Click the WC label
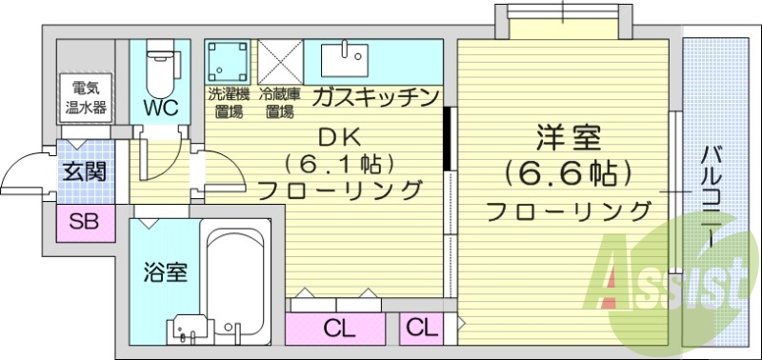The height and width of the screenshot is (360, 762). pyautogui.click(x=161, y=107)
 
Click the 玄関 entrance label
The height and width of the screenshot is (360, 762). pyautogui.click(x=84, y=172)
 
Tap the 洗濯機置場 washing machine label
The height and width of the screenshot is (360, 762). pyautogui.click(x=228, y=103)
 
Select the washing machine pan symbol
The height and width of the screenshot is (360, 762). pyautogui.click(x=229, y=62)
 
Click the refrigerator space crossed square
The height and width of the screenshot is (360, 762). pyautogui.click(x=280, y=62)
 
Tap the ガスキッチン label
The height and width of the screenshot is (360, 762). pyautogui.click(x=374, y=97)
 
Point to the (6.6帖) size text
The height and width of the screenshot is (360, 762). pyautogui.click(x=569, y=173)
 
